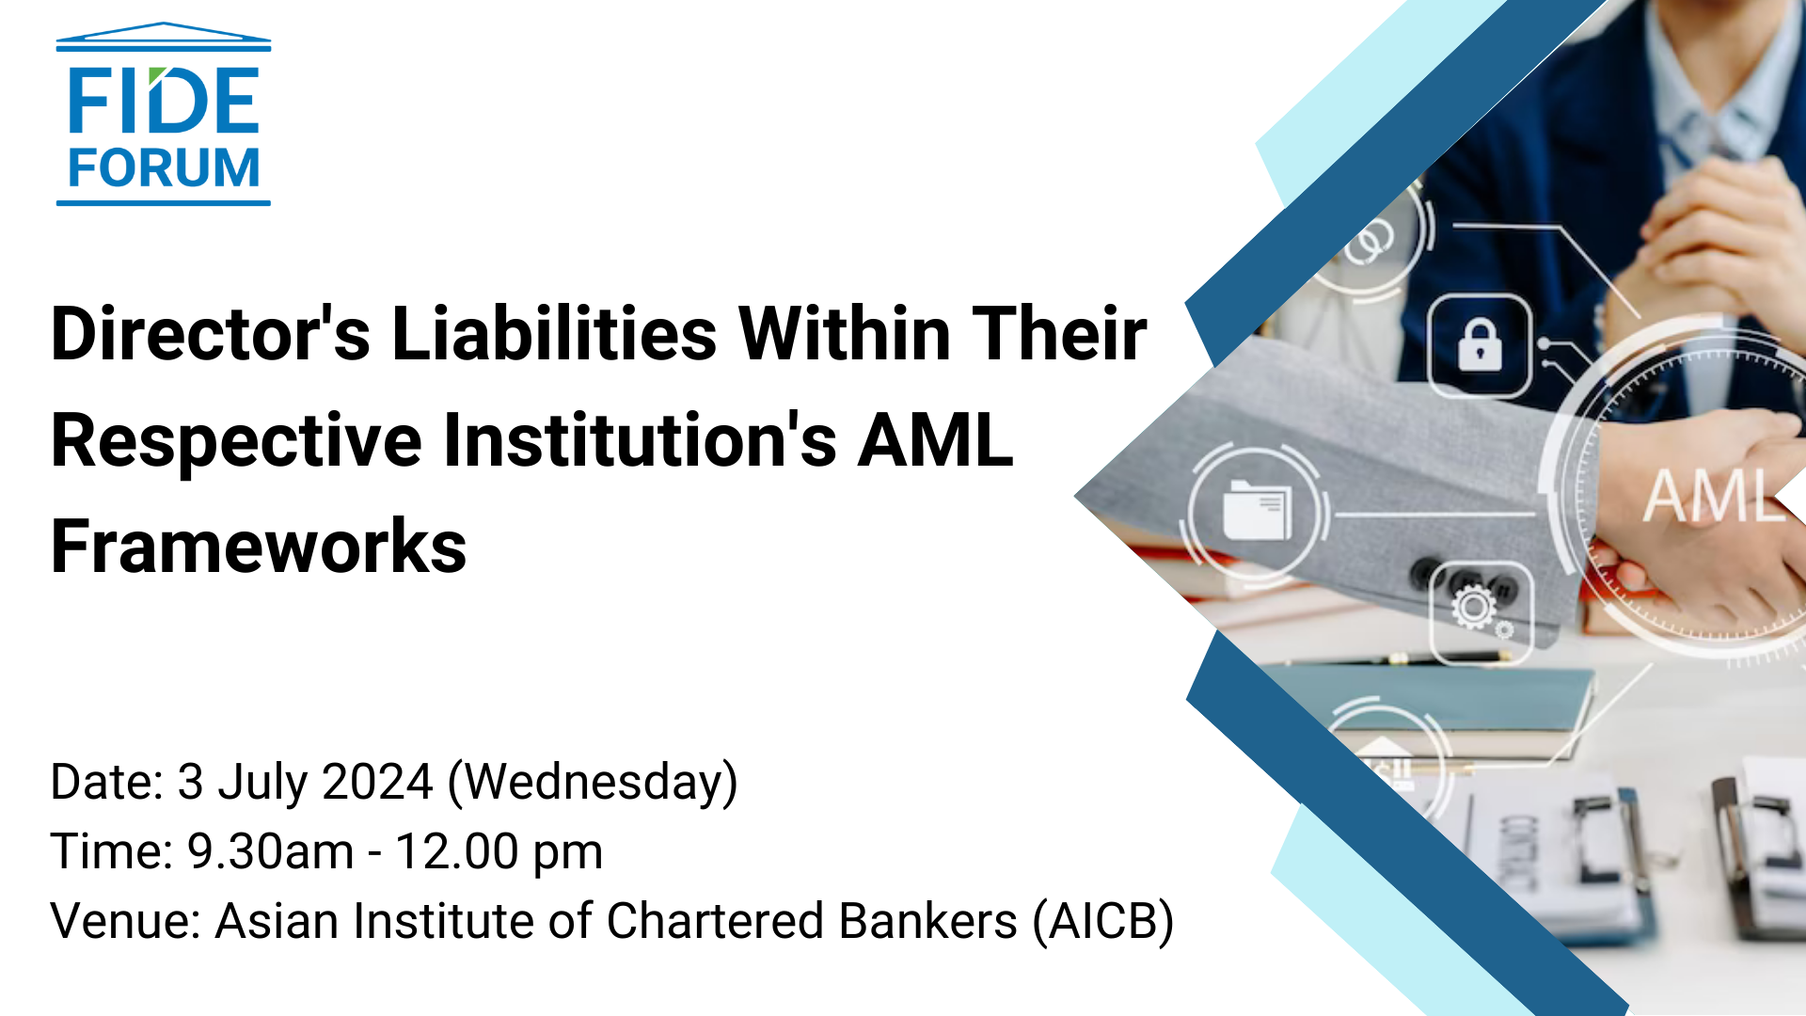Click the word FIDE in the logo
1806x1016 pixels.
[x=164, y=100]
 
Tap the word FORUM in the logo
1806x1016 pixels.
[x=164, y=168]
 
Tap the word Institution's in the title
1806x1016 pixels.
[x=640, y=439]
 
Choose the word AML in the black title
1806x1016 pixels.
[x=935, y=439]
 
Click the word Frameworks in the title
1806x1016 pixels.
[x=259, y=547]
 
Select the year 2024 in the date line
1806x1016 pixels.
[x=377, y=782]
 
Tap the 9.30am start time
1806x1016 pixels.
[x=271, y=851]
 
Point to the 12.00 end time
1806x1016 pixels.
[x=457, y=851]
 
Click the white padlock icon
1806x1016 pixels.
[x=1480, y=344]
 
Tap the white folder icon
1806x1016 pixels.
[x=1257, y=511]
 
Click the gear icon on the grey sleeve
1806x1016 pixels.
[x=1474, y=607]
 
